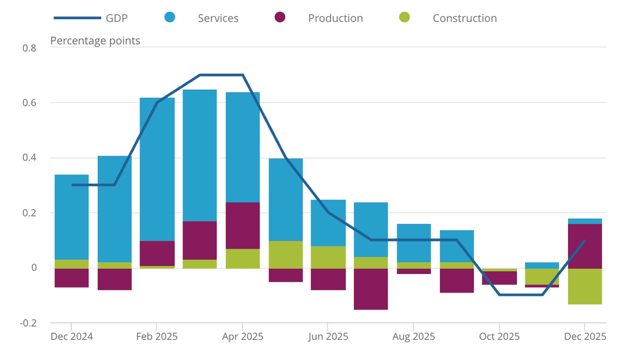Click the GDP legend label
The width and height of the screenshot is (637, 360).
(117, 18)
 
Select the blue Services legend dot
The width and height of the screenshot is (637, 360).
(170, 18)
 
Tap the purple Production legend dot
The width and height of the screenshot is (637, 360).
(280, 18)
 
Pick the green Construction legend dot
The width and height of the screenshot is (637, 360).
(404, 18)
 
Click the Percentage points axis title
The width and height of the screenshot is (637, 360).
(95, 40)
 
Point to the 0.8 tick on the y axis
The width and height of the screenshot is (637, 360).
(29, 48)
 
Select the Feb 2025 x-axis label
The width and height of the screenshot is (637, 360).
(157, 337)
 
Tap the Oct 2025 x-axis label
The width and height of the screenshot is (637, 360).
(499, 337)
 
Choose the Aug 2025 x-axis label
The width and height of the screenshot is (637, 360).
(414, 337)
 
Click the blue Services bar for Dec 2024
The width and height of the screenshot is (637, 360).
(72, 217)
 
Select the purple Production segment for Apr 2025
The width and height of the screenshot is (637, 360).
(243, 225)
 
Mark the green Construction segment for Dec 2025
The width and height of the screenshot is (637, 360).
(584, 286)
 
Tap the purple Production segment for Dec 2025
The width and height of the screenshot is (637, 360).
(584, 246)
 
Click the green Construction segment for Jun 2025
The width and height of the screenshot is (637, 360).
(328, 257)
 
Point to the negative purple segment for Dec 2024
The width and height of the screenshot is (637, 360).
(72, 278)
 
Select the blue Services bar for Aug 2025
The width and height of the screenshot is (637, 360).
(414, 243)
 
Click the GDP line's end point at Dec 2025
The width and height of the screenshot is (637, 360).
(584, 240)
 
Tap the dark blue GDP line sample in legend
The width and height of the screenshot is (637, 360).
(77, 18)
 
